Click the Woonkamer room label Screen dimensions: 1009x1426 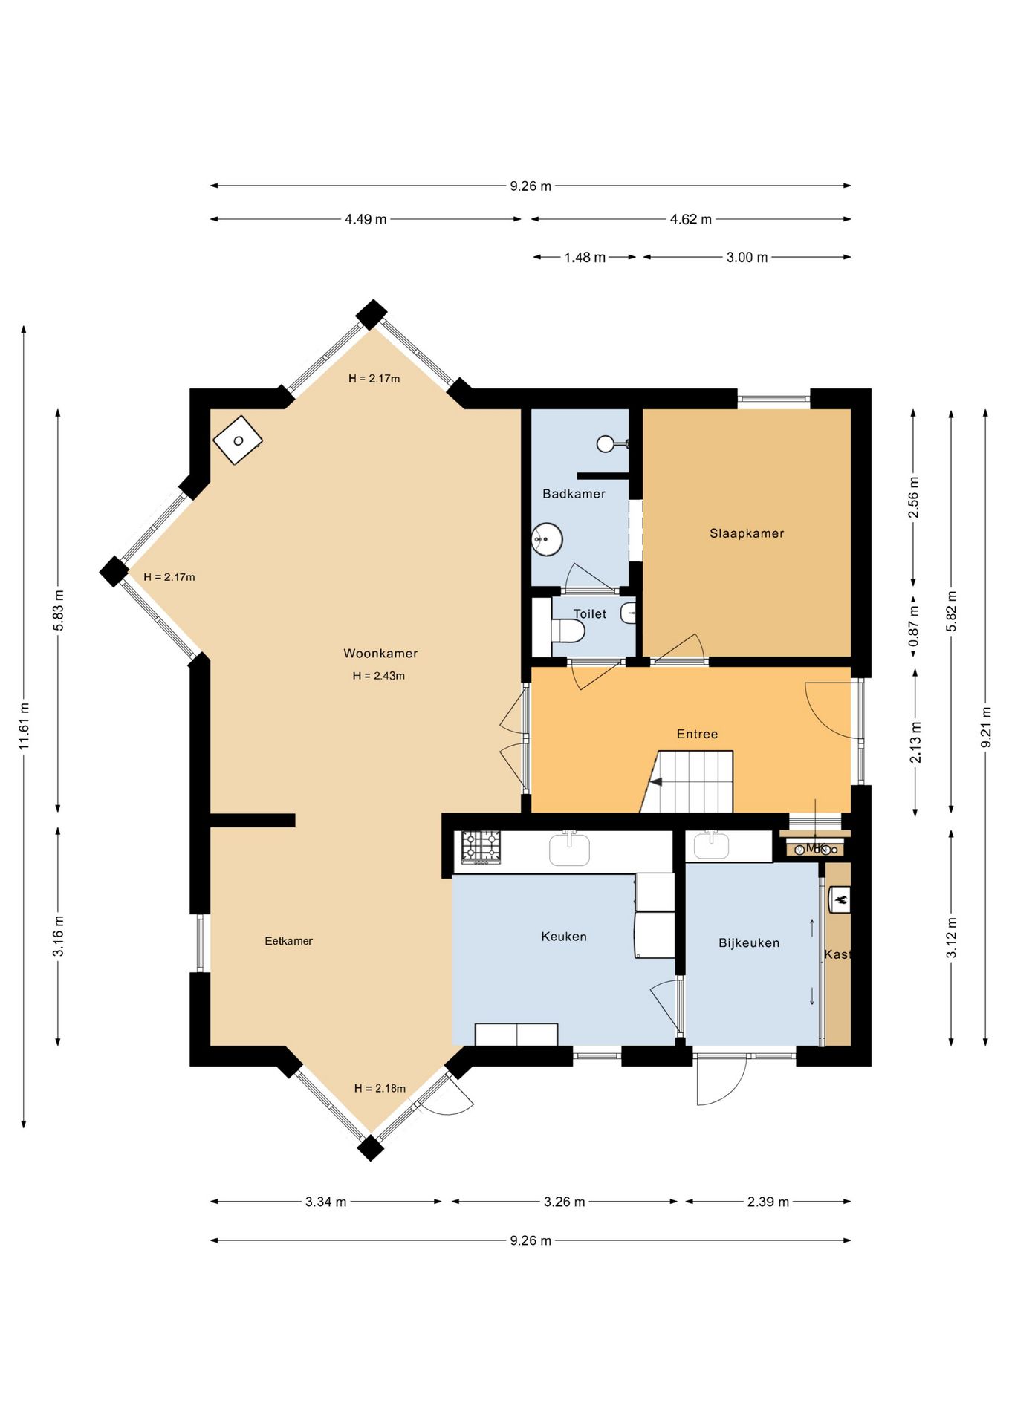[380, 654]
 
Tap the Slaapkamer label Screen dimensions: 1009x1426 [747, 533]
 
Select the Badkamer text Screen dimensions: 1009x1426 [574, 494]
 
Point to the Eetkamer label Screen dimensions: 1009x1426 [288, 941]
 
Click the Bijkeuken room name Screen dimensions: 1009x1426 [749, 943]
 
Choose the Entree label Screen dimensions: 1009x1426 [697, 734]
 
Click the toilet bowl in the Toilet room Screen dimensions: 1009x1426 [568, 631]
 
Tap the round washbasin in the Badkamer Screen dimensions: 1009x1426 [548, 539]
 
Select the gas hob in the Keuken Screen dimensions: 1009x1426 [481, 847]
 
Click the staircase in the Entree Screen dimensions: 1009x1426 [687, 781]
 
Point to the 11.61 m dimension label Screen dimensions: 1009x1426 [25, 726]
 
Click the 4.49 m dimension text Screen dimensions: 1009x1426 [366, 219]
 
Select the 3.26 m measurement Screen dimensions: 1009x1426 [564, 1202]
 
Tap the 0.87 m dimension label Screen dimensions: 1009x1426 [914, 626]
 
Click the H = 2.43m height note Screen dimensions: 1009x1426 [379, 676]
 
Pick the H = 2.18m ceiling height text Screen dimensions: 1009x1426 [380, 1088]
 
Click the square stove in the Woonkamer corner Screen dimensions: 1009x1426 [238, 440]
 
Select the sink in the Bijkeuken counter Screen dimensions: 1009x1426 [712, 846]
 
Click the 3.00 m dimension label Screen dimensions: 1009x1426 [747, 258]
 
